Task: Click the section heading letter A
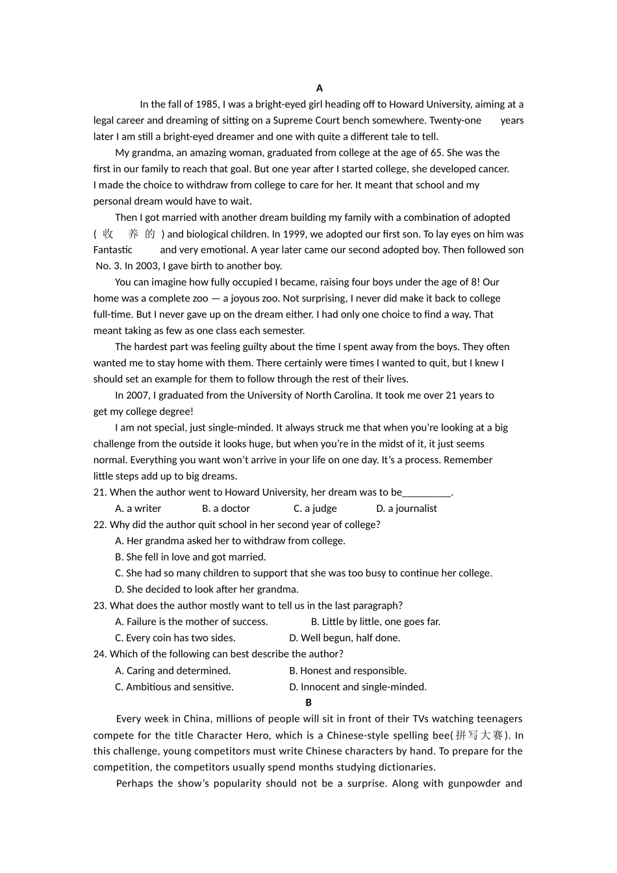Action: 319,88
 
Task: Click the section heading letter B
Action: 308,702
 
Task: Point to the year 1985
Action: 207,104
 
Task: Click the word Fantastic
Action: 113,249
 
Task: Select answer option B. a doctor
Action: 226,509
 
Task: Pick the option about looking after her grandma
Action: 207,589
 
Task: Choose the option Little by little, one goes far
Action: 375,622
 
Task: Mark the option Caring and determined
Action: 173,670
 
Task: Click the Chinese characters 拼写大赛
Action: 479,735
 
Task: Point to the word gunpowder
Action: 473,783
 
